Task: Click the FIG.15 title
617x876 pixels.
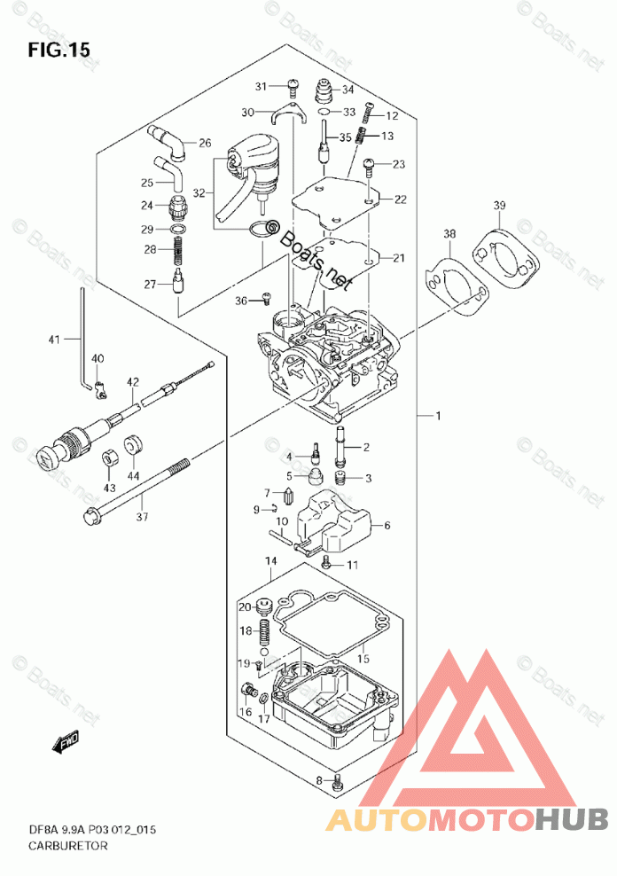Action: tap(59, 50)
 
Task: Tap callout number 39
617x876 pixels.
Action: tap(500, 207)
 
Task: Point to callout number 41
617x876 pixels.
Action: tap(53, 339)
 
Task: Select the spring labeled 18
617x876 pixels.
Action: tap(263, 637)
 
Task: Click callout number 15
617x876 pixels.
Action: tap(362, 660)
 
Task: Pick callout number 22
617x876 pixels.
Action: tap(401, 199)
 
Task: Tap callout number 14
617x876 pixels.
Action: tap(270, 562)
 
